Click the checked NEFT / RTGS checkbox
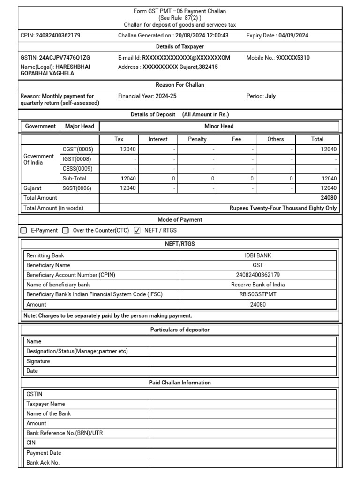(137, 230)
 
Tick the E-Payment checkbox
(24, 230)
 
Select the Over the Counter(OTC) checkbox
(66, 230)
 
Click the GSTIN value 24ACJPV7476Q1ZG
(65, 58)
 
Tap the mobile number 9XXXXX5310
(293, 58)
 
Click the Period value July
(270, 96)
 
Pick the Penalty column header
(197, 139)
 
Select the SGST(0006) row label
(77, 188)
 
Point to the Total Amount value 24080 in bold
(328, 198)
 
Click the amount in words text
(283, 208)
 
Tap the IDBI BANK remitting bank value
(258, 255)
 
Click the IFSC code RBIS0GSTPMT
(258, 294)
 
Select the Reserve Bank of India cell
(258, 285)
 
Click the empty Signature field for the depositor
(242, 361)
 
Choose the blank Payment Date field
(242, 453)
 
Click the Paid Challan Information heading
(180, 382)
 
